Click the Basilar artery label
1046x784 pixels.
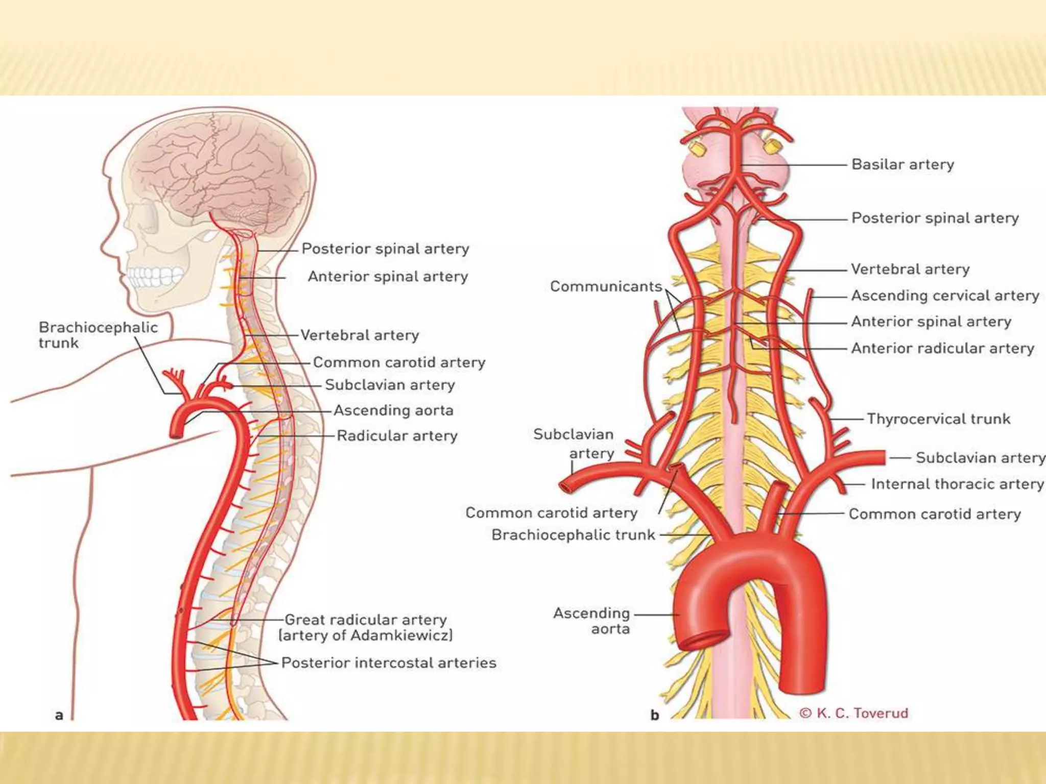click(902, 164)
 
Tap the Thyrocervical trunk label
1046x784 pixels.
click(938, 419)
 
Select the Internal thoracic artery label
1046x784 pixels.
click(957, 484)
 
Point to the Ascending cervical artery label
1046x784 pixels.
click(945, 296)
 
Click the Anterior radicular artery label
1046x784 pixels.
click(942, 348)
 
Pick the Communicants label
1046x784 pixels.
click(606, 286)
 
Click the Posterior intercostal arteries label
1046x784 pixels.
click(389, 663)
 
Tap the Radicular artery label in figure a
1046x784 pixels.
click(397, 435)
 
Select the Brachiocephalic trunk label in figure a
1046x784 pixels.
click(98, 335)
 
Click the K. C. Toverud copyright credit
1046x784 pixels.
click(854, 713)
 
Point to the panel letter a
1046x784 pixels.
click(59, 715)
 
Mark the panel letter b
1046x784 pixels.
click(655, 715)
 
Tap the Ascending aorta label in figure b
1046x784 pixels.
click(591, 620)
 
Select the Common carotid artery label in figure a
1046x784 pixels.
click(399, 362)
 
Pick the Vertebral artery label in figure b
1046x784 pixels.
click(910, 269)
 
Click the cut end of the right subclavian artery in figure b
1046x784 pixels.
click(565, 486)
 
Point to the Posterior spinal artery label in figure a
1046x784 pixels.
click(385, 249)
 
